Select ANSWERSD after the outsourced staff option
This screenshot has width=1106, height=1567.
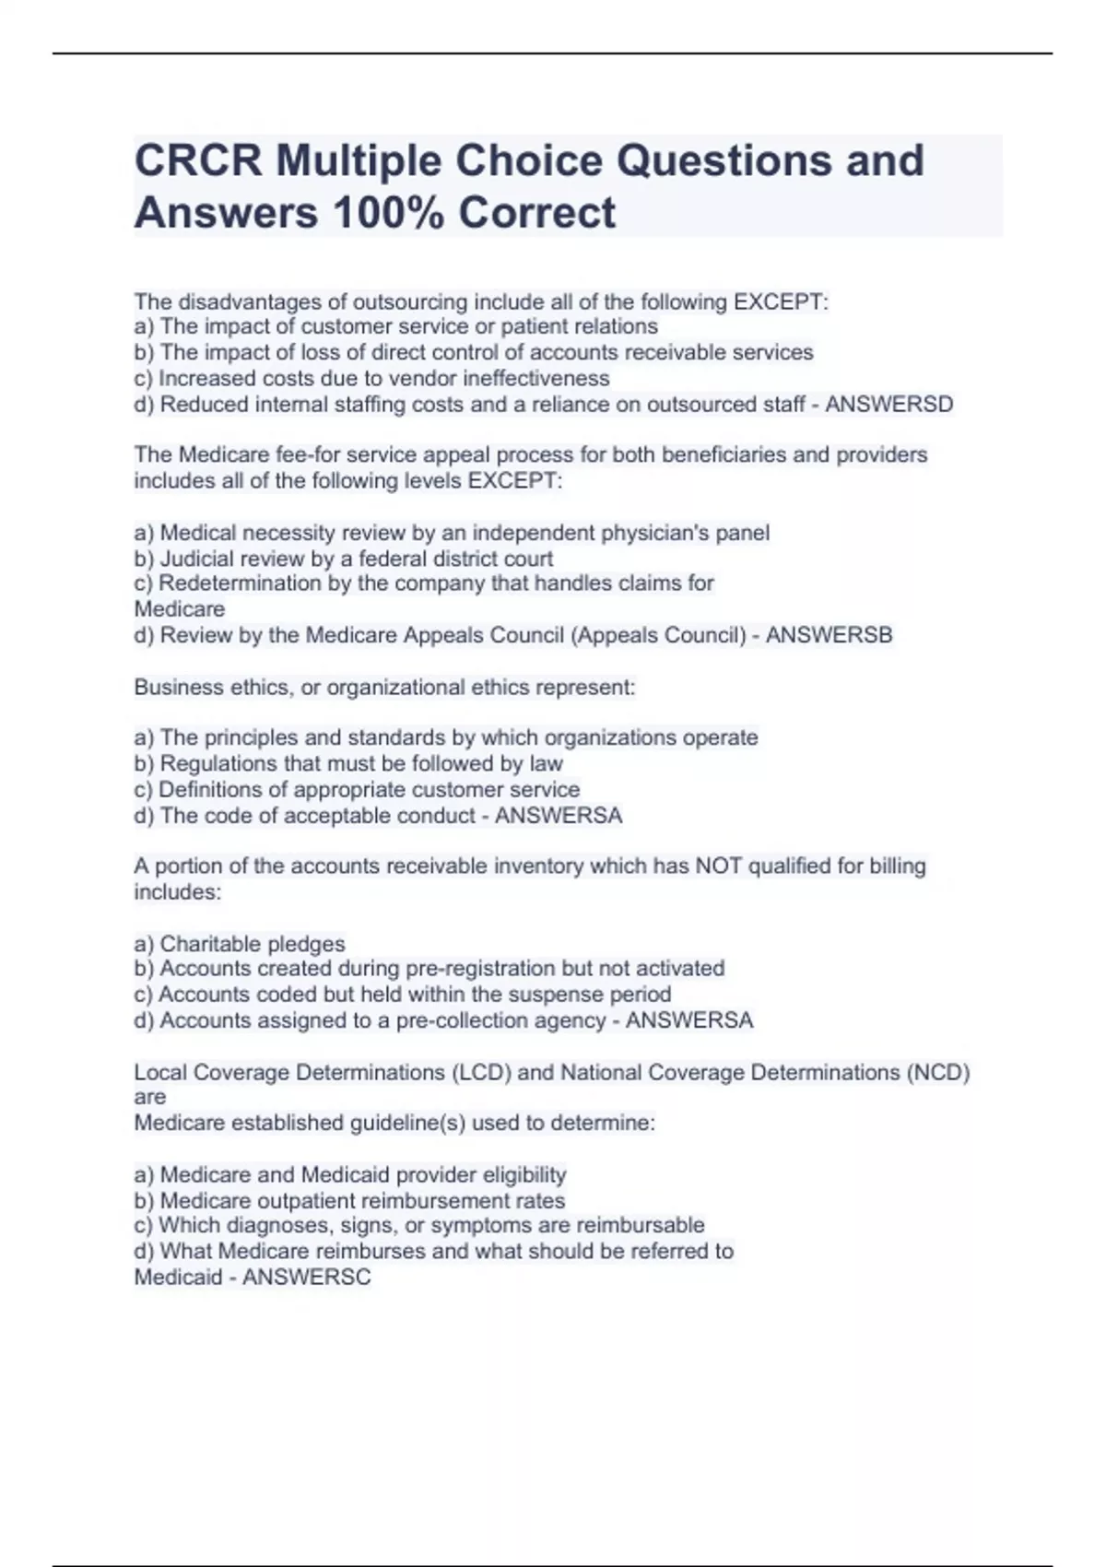[889, 404]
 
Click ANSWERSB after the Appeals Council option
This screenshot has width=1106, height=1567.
[829, 635]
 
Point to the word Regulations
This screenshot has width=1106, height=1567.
[218, 763]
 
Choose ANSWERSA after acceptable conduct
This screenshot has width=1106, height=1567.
[559, 816]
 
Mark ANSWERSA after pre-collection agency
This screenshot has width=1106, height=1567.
[689, 1020]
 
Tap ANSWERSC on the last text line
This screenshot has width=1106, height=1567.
[307, 1278]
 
